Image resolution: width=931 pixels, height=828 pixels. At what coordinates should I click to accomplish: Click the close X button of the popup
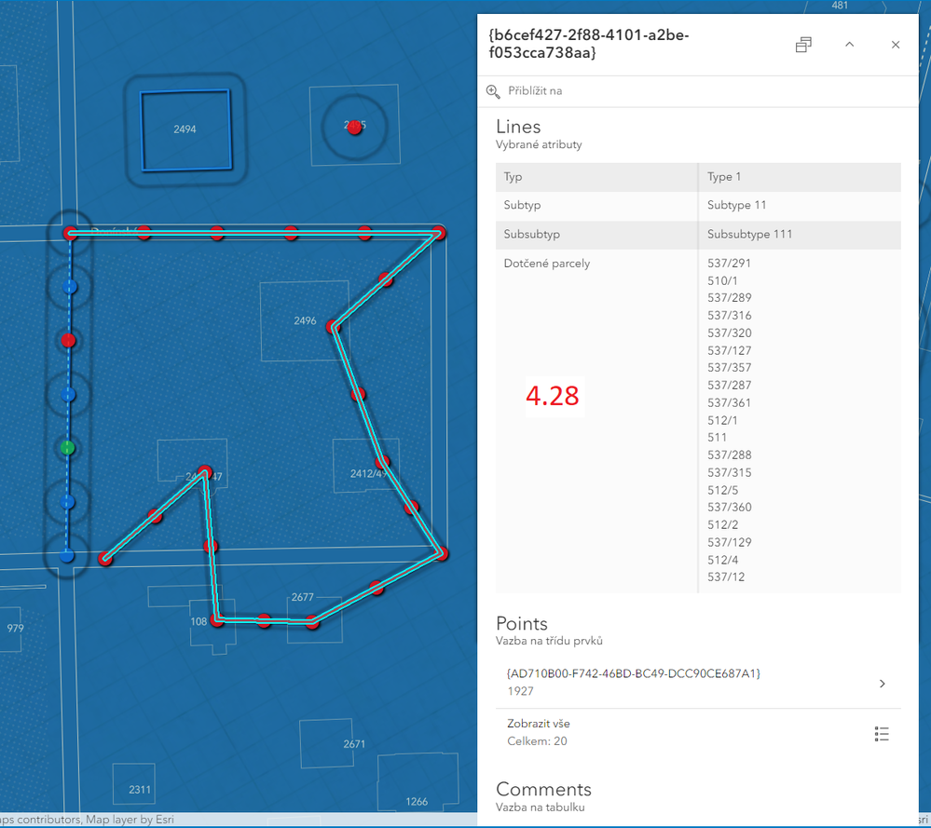pos(896,45)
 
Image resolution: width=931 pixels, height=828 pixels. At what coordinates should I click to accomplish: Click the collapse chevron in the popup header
pos(850,45)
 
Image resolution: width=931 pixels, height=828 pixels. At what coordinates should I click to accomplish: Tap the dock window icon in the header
pos(803,45)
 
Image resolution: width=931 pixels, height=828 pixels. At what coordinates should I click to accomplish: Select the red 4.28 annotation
pos(553,396)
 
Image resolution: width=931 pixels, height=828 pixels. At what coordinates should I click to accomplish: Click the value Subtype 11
pos(736,205)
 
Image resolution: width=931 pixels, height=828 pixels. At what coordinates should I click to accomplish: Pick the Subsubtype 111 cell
pos(749,234)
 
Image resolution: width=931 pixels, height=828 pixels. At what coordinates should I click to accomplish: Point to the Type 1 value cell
pos(724,176)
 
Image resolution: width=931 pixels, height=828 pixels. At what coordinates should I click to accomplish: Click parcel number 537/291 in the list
pos(729,264)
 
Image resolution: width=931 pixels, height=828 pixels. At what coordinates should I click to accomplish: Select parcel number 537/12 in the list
pos(726,577)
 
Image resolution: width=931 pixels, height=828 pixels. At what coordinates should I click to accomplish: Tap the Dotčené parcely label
pos(547,264)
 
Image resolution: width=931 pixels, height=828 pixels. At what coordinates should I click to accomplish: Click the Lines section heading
pos(518,127)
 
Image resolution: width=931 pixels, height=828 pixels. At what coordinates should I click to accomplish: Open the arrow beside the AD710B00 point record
pos(882,684)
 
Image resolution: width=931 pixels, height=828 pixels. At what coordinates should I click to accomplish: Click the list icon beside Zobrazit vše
pos(882,734)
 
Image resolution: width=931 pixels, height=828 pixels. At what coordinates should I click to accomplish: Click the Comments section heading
pos(543,790)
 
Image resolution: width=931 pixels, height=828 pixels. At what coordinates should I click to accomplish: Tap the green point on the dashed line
pos(67,448)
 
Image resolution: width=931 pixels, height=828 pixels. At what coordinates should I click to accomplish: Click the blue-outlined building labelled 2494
pos(185,129)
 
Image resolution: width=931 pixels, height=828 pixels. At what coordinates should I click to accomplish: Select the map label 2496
pos(305,321)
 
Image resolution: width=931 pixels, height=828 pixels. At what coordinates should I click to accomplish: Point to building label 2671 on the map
pos(354,744)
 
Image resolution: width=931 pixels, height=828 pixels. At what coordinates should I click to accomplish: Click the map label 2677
pos(302,597)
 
